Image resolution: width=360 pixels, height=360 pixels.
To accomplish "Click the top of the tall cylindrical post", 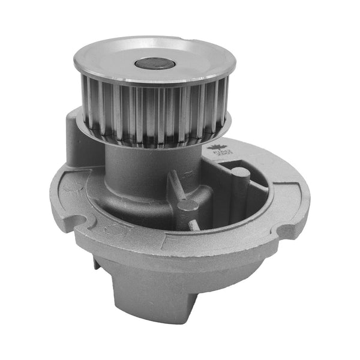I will (240, 173).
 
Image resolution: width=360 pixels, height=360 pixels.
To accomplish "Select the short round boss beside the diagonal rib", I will (188, 205).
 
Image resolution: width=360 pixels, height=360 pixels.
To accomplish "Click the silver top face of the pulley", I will (120, 57).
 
